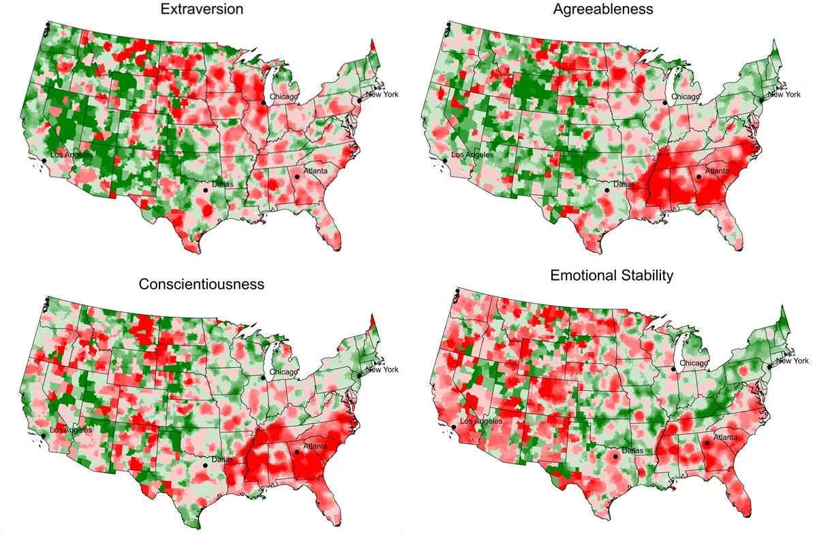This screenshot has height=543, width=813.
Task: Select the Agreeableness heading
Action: click(x=604, y=10)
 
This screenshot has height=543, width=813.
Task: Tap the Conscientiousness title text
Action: click(x=201, y=283)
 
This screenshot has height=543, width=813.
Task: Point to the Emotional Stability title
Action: click(x=612, y=275)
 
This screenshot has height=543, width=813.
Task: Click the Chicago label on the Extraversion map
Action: click(x=283, y=97)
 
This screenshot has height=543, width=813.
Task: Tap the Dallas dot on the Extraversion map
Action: click(x=206, y=191)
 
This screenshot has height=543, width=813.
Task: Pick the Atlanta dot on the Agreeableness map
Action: click(x=699, y=177)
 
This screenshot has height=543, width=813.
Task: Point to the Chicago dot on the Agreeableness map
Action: click(x=665, y=102)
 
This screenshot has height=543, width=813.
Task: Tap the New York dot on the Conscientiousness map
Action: click(x=359, y=375)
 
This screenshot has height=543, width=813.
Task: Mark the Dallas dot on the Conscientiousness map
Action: click(x=205, y=465)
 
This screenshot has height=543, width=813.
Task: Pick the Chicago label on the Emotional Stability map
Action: click(x=694, y=364)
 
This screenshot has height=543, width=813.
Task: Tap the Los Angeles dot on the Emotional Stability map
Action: click(x=453, y=426)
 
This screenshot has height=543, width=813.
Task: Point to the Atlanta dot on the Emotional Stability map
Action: click(x=707, y=443)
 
